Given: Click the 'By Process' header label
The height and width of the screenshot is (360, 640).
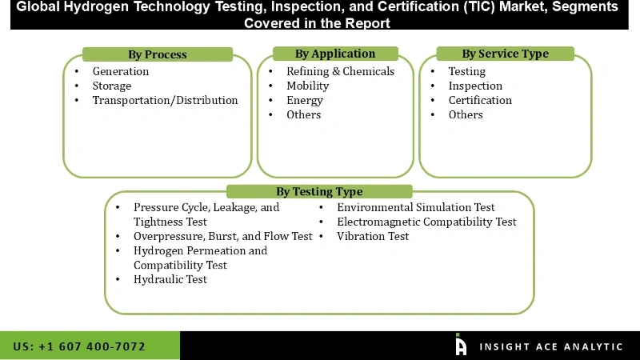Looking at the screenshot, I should pos(158,54).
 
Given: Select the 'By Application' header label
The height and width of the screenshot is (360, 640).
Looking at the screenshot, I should pos(334,54).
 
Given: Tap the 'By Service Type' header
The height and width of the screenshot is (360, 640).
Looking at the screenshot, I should pos(505,54).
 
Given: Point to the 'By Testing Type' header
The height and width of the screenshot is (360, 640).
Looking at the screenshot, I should pos(319,191).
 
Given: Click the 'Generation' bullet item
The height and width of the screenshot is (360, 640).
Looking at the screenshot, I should pos(121,71).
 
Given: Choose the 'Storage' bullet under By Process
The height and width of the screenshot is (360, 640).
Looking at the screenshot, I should pos(112,86).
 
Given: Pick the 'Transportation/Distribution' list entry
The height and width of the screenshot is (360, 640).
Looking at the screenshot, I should pos(165,100).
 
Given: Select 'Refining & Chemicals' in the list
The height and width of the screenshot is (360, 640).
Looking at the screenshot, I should pos(340,71).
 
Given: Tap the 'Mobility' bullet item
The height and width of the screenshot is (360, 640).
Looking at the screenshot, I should pos(308,86).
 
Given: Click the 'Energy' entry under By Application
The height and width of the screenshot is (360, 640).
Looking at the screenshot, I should pos(305,100).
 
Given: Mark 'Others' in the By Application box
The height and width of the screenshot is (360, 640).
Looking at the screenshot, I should pos(304,114).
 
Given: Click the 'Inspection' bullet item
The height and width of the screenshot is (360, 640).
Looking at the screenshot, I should pos(475,86).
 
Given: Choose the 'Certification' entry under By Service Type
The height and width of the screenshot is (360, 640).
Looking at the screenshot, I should pos(480,100).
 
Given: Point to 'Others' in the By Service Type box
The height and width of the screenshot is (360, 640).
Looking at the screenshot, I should pos(466,114).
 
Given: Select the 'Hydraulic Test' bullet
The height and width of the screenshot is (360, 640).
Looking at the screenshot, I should pos(170,279).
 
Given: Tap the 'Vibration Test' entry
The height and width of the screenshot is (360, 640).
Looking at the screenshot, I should pos(373,236).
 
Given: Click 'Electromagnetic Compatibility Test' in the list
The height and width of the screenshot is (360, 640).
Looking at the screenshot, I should pos(426,222).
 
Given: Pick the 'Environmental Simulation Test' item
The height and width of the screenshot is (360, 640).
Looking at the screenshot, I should pos(416,207).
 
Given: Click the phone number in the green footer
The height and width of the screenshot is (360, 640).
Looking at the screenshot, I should pos(79,346).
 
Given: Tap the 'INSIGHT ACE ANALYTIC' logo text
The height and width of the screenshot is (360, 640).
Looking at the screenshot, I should pos(551,346).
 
